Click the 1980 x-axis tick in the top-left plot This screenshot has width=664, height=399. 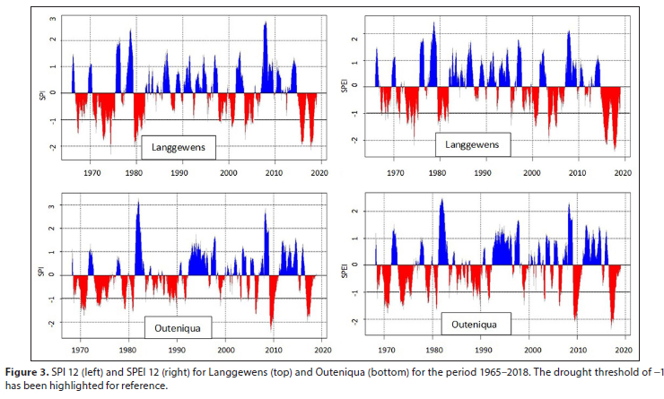point(135,172)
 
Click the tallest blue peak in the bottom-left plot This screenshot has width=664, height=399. point(137,203)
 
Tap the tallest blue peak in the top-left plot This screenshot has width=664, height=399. point(265,22)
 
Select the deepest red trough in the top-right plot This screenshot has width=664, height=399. point(615,148)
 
